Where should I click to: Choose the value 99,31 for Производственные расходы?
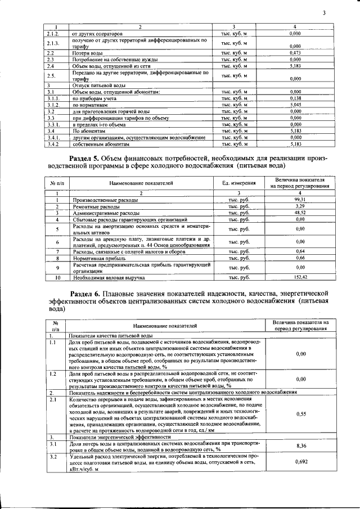click(x=300, y=200)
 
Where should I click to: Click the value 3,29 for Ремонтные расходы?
click(x=300, y=206)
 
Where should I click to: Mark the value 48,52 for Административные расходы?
click(x=300, y=213)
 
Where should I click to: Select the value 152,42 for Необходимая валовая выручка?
click(x=300, y=278)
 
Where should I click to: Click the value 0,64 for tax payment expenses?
click(x=300, y=251)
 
